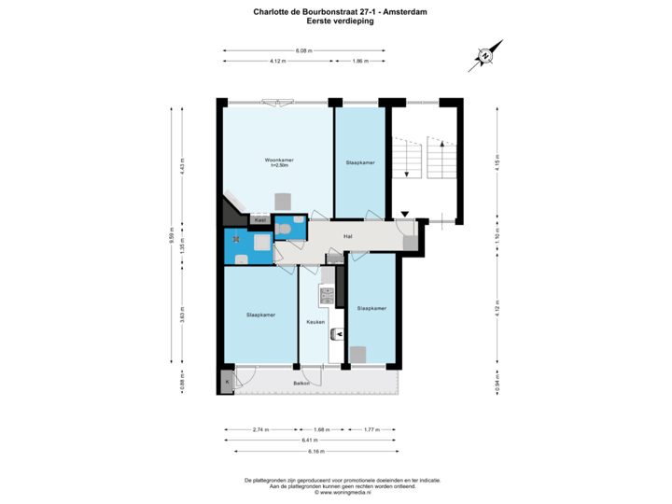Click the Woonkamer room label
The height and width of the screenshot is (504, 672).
pos(279,161)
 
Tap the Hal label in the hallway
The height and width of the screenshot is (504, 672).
pos(347,235)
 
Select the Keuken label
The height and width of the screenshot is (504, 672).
pos(315,322)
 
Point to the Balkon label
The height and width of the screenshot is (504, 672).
pos(301,383)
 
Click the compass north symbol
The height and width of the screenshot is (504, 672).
pos(484,55)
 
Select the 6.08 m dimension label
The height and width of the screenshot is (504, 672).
pos(303,49)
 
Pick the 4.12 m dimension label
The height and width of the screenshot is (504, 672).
pos(277,61)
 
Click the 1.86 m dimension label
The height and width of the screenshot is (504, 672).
pos(360,61)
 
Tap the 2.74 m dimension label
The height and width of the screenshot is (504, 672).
pos(260,429)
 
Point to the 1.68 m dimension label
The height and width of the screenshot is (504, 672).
pos(322,429)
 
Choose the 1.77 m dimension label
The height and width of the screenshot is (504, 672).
pos(370,429)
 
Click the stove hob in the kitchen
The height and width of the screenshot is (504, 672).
pos(326,296)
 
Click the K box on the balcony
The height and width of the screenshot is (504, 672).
pos(225,381)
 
